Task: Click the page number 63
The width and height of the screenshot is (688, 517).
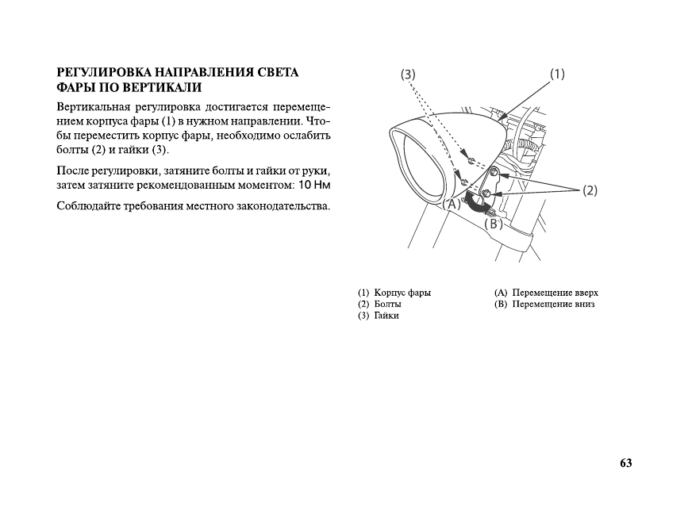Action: click(626, 463)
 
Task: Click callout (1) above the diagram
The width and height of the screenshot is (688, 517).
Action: click(556, 74)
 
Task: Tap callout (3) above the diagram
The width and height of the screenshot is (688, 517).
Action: click(407, 75)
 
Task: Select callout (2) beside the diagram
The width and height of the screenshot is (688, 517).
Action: click(590, 190)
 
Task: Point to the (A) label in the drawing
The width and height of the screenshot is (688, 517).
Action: click(452, 205)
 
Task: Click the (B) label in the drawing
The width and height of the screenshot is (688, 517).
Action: click(494, 224)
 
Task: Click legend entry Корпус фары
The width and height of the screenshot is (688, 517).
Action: click(402, 293)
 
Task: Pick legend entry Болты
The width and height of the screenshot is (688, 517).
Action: click(387, 304)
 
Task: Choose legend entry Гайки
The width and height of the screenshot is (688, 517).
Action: click(386, 316)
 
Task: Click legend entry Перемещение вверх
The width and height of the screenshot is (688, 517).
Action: click(555, 293)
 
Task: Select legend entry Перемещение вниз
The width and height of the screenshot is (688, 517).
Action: click(553, 304)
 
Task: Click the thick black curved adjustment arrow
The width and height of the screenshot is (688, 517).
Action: click(477, 203)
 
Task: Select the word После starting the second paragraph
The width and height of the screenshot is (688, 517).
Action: click(74, 170)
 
